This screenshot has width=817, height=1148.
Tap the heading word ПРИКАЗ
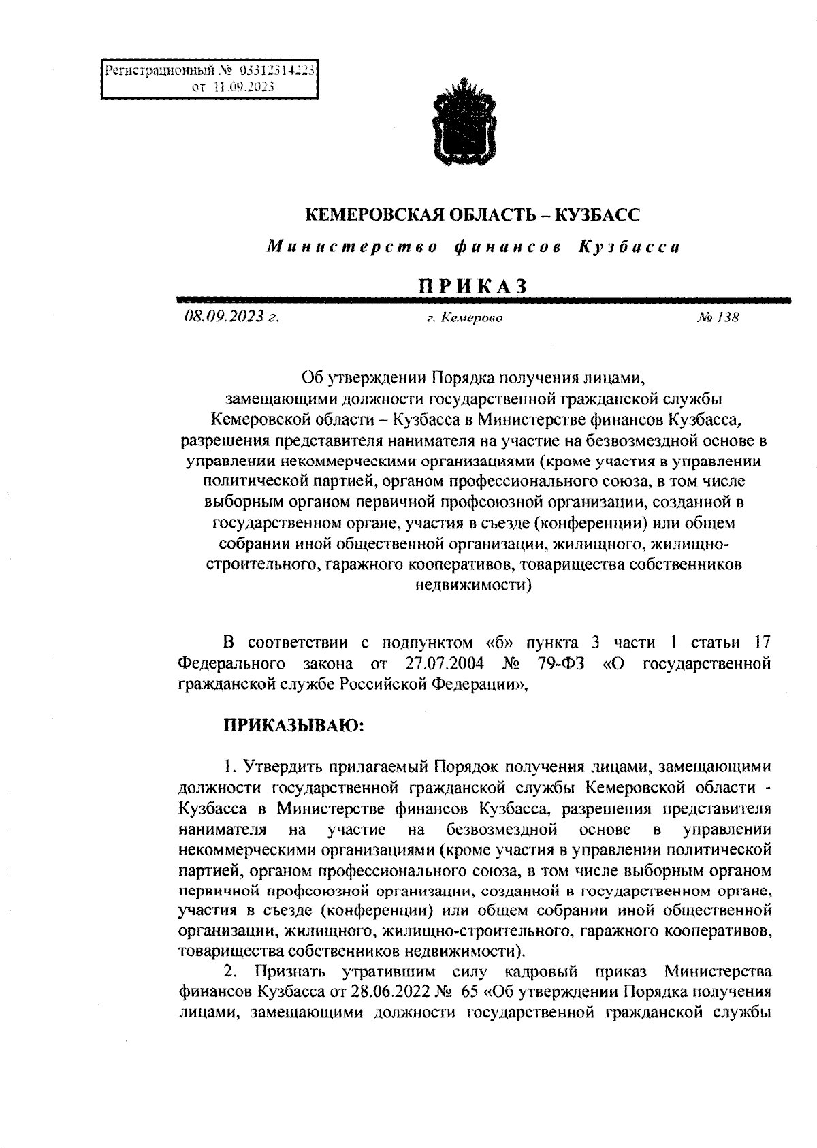point(473,287)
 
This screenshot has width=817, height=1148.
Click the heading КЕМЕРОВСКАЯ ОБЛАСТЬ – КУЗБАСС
point(472,215)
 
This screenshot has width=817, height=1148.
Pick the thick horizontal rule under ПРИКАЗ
point(483,299)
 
